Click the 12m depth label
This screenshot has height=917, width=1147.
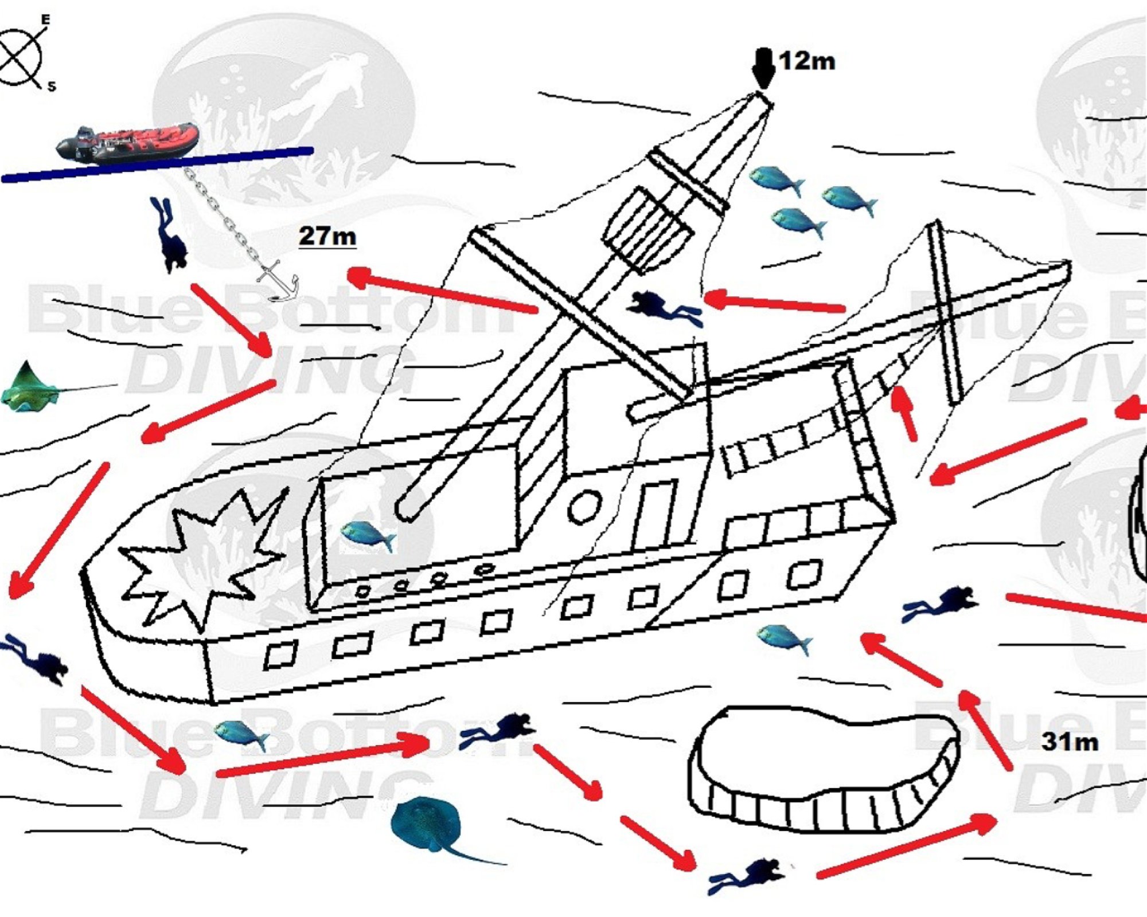coord(807,61)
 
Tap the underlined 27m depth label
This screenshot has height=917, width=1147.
coord(327,236)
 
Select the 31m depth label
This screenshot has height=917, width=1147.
coord(1070,742)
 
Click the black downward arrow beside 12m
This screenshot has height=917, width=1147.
coord(763,69)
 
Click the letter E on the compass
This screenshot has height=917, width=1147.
coord(45,20)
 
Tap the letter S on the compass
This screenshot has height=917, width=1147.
coord(52,87)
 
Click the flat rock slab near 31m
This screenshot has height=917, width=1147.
coord(825,768)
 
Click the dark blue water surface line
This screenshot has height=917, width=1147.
coord(157,164)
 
